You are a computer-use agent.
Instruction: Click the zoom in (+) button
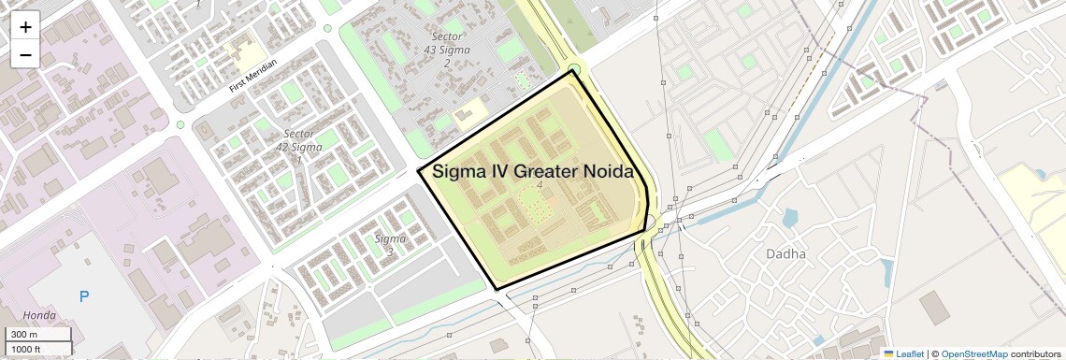pos(25,26)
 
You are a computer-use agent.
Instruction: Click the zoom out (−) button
pos(25,54)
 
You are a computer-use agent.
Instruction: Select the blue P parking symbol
pos(84,296)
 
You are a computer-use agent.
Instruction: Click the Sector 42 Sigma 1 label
pos(299,147)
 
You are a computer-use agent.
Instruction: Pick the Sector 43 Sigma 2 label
pos(447,49)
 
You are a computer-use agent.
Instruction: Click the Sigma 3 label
pos(390,244)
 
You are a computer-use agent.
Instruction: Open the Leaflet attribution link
pos(903,353)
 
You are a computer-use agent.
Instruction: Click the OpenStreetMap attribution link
pos(973,353)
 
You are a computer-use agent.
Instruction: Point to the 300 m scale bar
pos(37,335)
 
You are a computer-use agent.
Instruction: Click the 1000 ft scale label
pos(26,349)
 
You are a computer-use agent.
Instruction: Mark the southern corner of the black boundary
pos(497,289)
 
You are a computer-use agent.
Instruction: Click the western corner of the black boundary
pos(418,171)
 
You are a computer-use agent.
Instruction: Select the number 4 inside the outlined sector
pos(540,185)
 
